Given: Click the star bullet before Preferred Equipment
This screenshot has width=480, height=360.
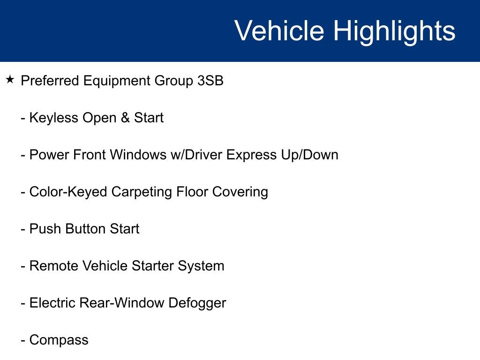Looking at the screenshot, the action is [10, 80].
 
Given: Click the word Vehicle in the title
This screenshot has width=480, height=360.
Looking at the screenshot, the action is [279, 30].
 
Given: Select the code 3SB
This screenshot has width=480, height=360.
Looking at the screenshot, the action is [210, 81].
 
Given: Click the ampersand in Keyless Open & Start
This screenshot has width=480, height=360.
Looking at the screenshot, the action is [125, 118].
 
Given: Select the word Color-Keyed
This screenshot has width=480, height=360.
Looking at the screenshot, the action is [68, 192].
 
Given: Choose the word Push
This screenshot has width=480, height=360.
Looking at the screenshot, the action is [45, 229].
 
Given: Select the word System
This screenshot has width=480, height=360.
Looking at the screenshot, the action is [201, 266].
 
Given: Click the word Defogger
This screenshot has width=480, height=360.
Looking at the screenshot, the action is [197, 303].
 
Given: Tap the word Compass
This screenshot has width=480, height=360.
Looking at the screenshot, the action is [59, 340].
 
